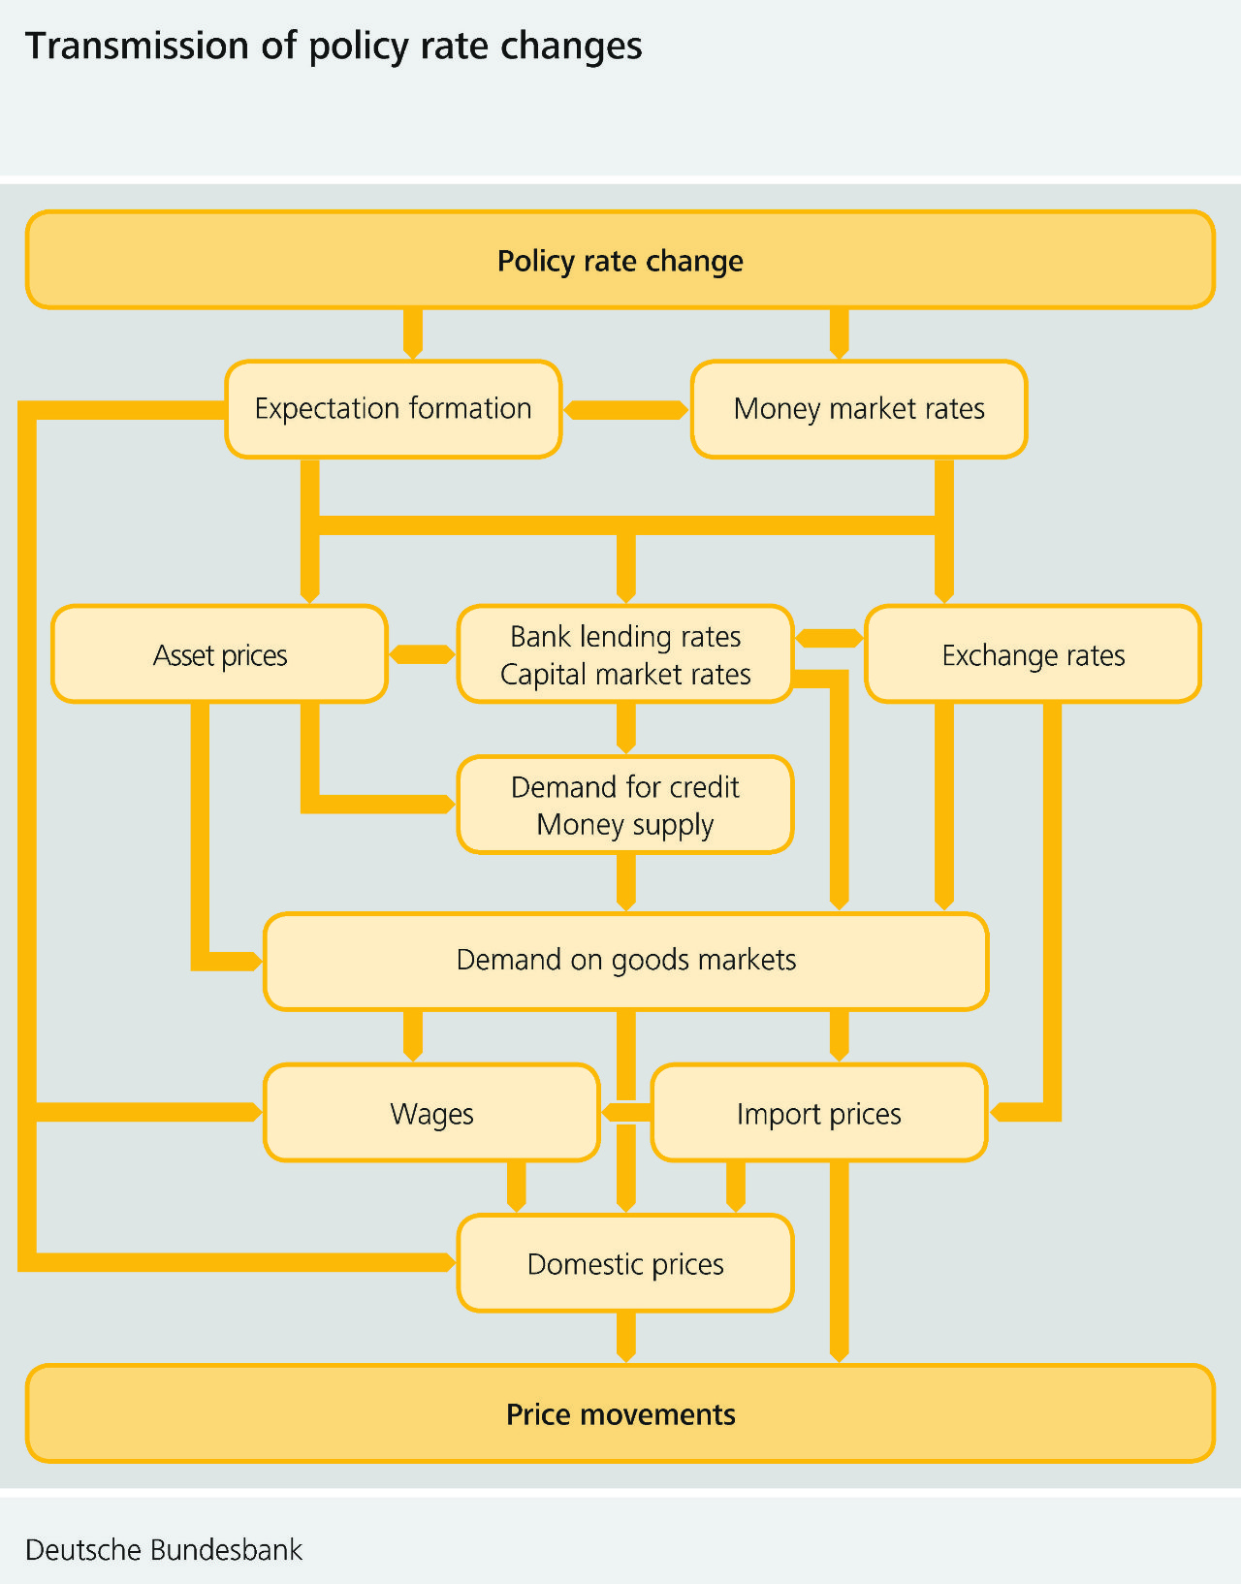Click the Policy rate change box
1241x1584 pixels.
pyautogui.click(x=620, y=261)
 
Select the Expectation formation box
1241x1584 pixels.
pyautogui.click(x=393, y=409)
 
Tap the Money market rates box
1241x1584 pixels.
pyautogui.click(x=859, y=409)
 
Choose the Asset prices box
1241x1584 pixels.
pyautogui.click(x=220, y=655)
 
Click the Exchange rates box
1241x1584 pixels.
pyautogui.click(x=1033, y=655)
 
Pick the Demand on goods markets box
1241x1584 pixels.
pyautogui.click(x=625, y=961)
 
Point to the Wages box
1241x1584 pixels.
pyautogui.click(x=431, y=1113)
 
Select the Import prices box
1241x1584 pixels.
pyautogui.click(x=818, y=1113)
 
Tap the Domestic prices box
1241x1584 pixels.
pyautogui.click(x=625, y=1264)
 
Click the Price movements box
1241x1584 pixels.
pyautogui.click(x=620, y=1414)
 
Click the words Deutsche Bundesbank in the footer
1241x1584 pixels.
pyautogui.click(x=164, y=1550)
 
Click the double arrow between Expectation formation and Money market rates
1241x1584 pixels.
pyautogui.click(x=625, y=410)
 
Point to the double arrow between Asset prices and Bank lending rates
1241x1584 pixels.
pyautogui.click(x=422, y=655)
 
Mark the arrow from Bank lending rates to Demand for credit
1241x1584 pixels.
pyautogui.click(x=625, y=729)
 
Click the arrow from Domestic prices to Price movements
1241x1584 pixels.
pyautogui.click(x=625, y=1338)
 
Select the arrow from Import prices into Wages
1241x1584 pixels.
pyautogui.click(x=626, y=1113)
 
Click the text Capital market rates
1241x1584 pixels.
pyautogui.click(x=625, y=675)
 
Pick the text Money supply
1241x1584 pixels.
pyautogui.click(x=625, y=825)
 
